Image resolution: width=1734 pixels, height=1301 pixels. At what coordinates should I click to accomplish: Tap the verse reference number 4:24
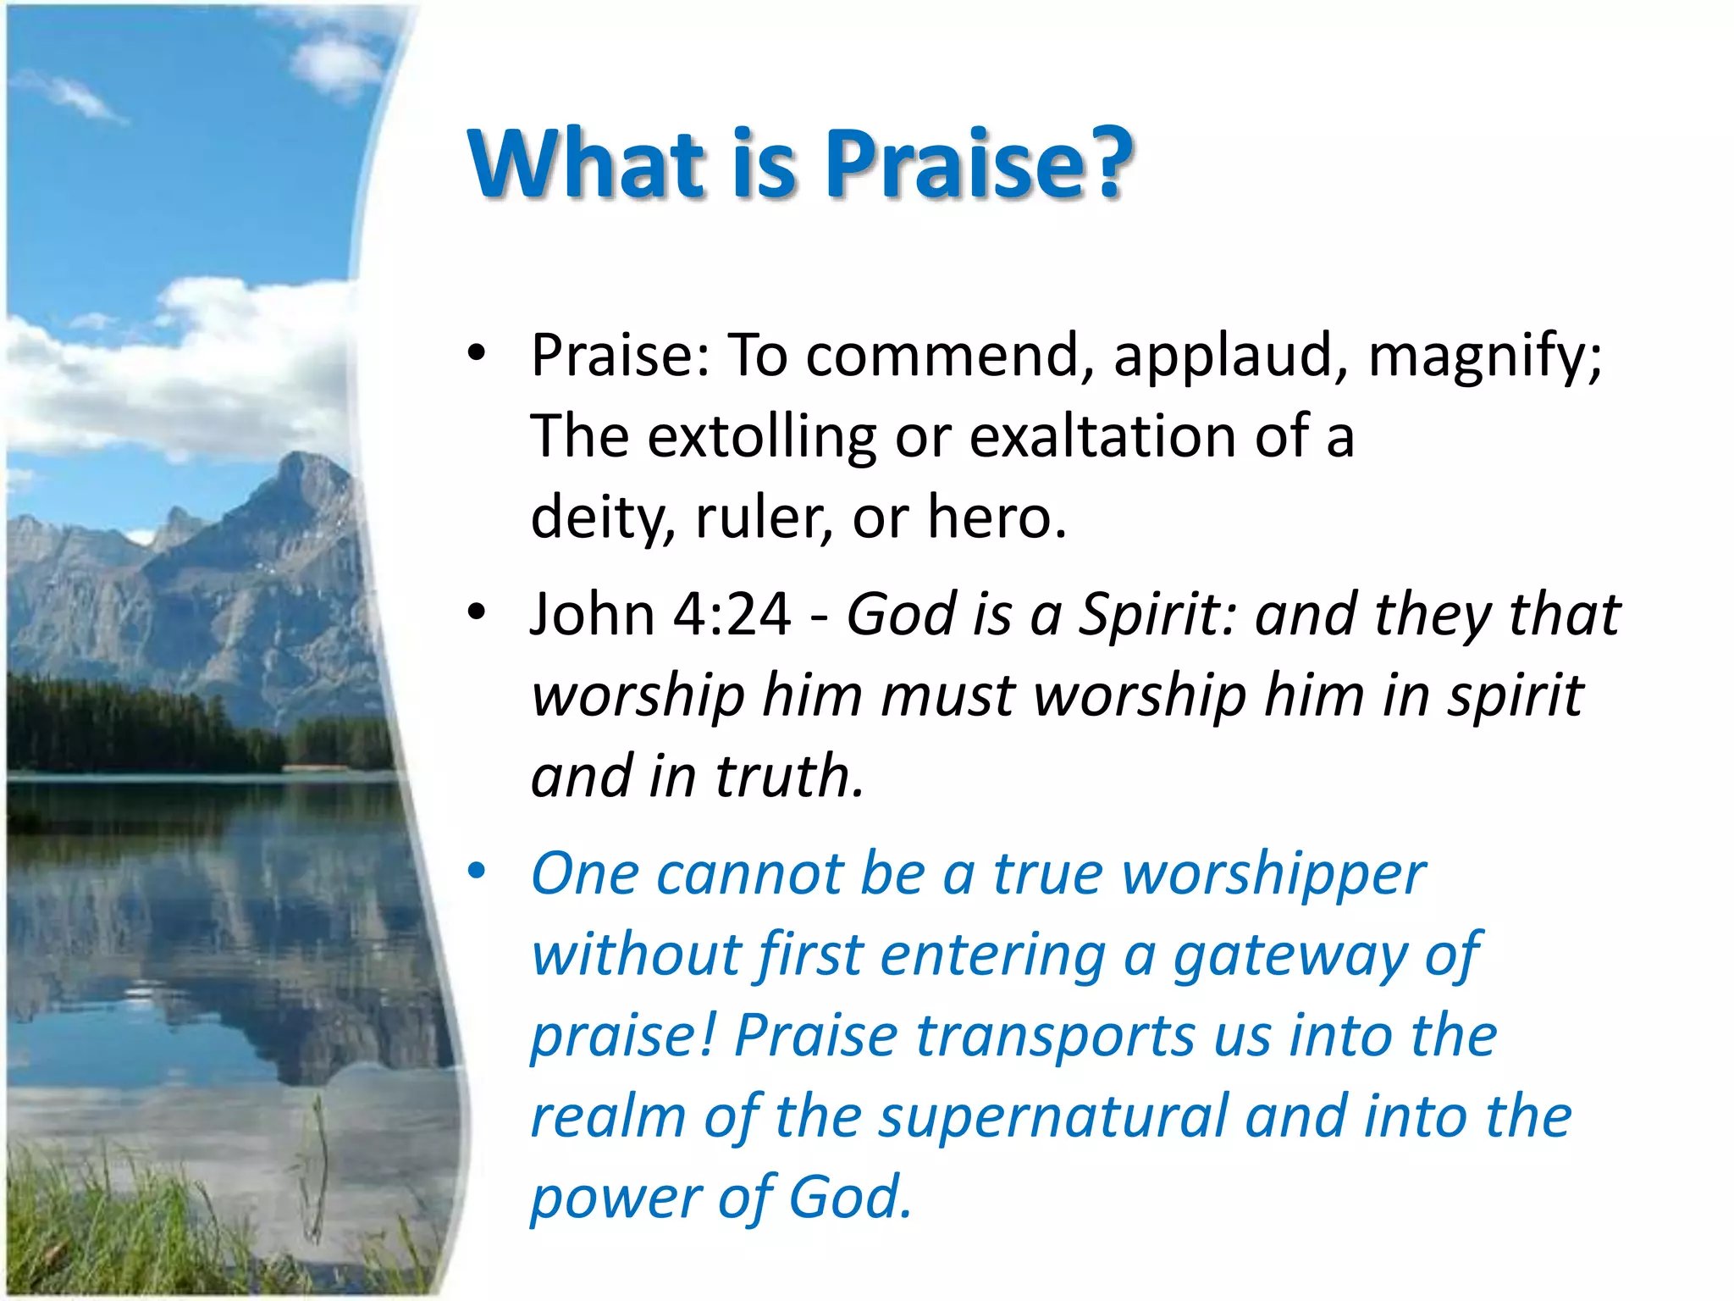point(732,614)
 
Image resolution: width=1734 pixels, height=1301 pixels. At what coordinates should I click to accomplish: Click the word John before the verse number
point(592,614)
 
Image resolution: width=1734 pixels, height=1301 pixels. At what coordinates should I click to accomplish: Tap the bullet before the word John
point(478,612)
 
